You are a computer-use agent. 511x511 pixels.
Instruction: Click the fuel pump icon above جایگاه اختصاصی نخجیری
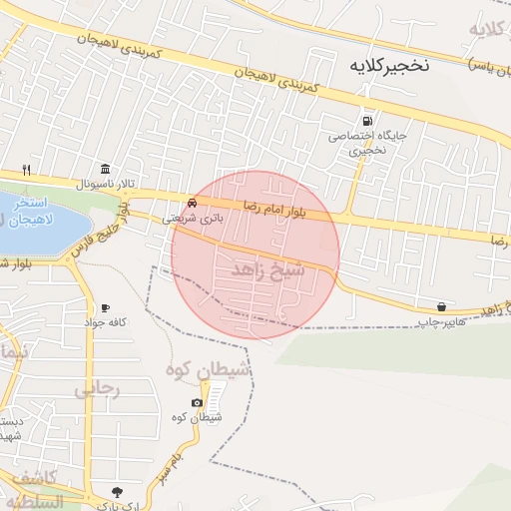click(369, 120)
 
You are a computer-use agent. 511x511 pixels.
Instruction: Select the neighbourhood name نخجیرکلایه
click(388, 66)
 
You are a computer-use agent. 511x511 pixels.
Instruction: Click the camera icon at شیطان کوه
click(197, 402)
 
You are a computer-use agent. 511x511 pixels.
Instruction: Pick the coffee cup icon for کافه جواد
click(105, 307)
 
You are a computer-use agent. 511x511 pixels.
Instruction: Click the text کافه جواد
click(106, 322)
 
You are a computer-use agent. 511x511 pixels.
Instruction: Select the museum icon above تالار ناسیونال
click(105, 168)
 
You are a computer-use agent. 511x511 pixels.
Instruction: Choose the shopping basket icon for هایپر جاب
click(441, 305)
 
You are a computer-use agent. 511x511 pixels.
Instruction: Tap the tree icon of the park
click(118, 491)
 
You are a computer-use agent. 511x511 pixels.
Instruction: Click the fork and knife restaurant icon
click(27, 169)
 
